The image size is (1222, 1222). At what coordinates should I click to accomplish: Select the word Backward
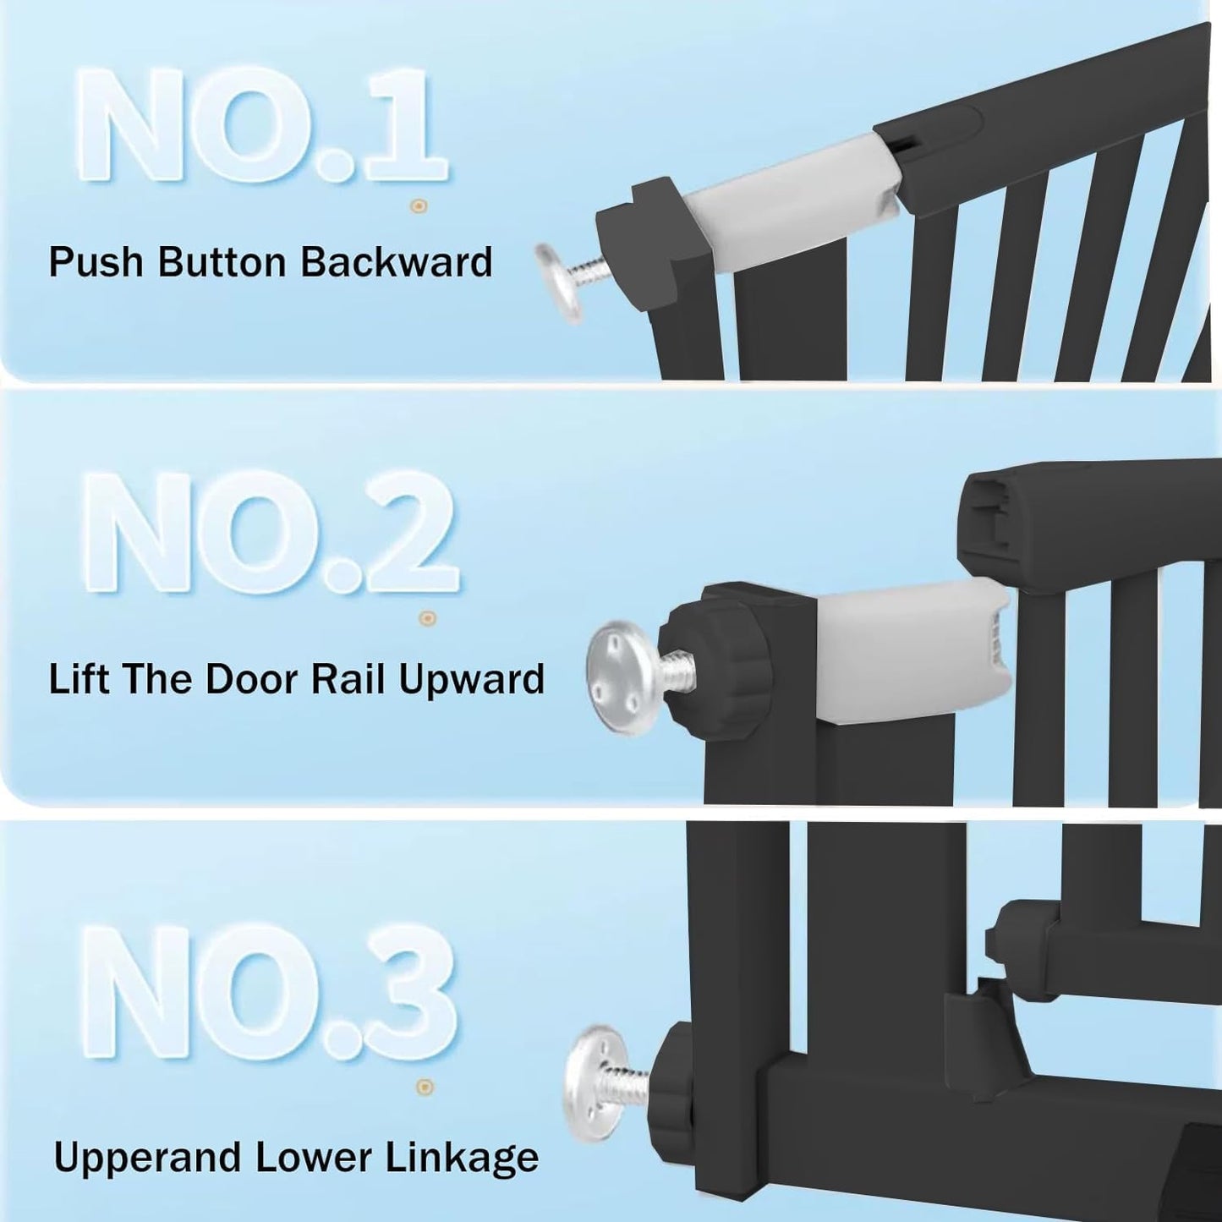click(396, 262)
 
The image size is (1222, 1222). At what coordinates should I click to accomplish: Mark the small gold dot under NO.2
click(428, 618)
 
